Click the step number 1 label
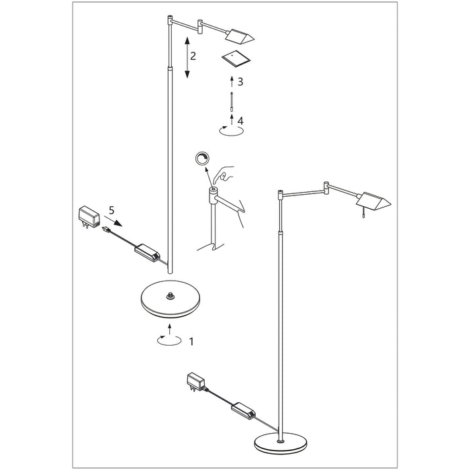[192, 341]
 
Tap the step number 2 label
[193, 56]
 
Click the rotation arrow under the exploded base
[169, 340]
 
